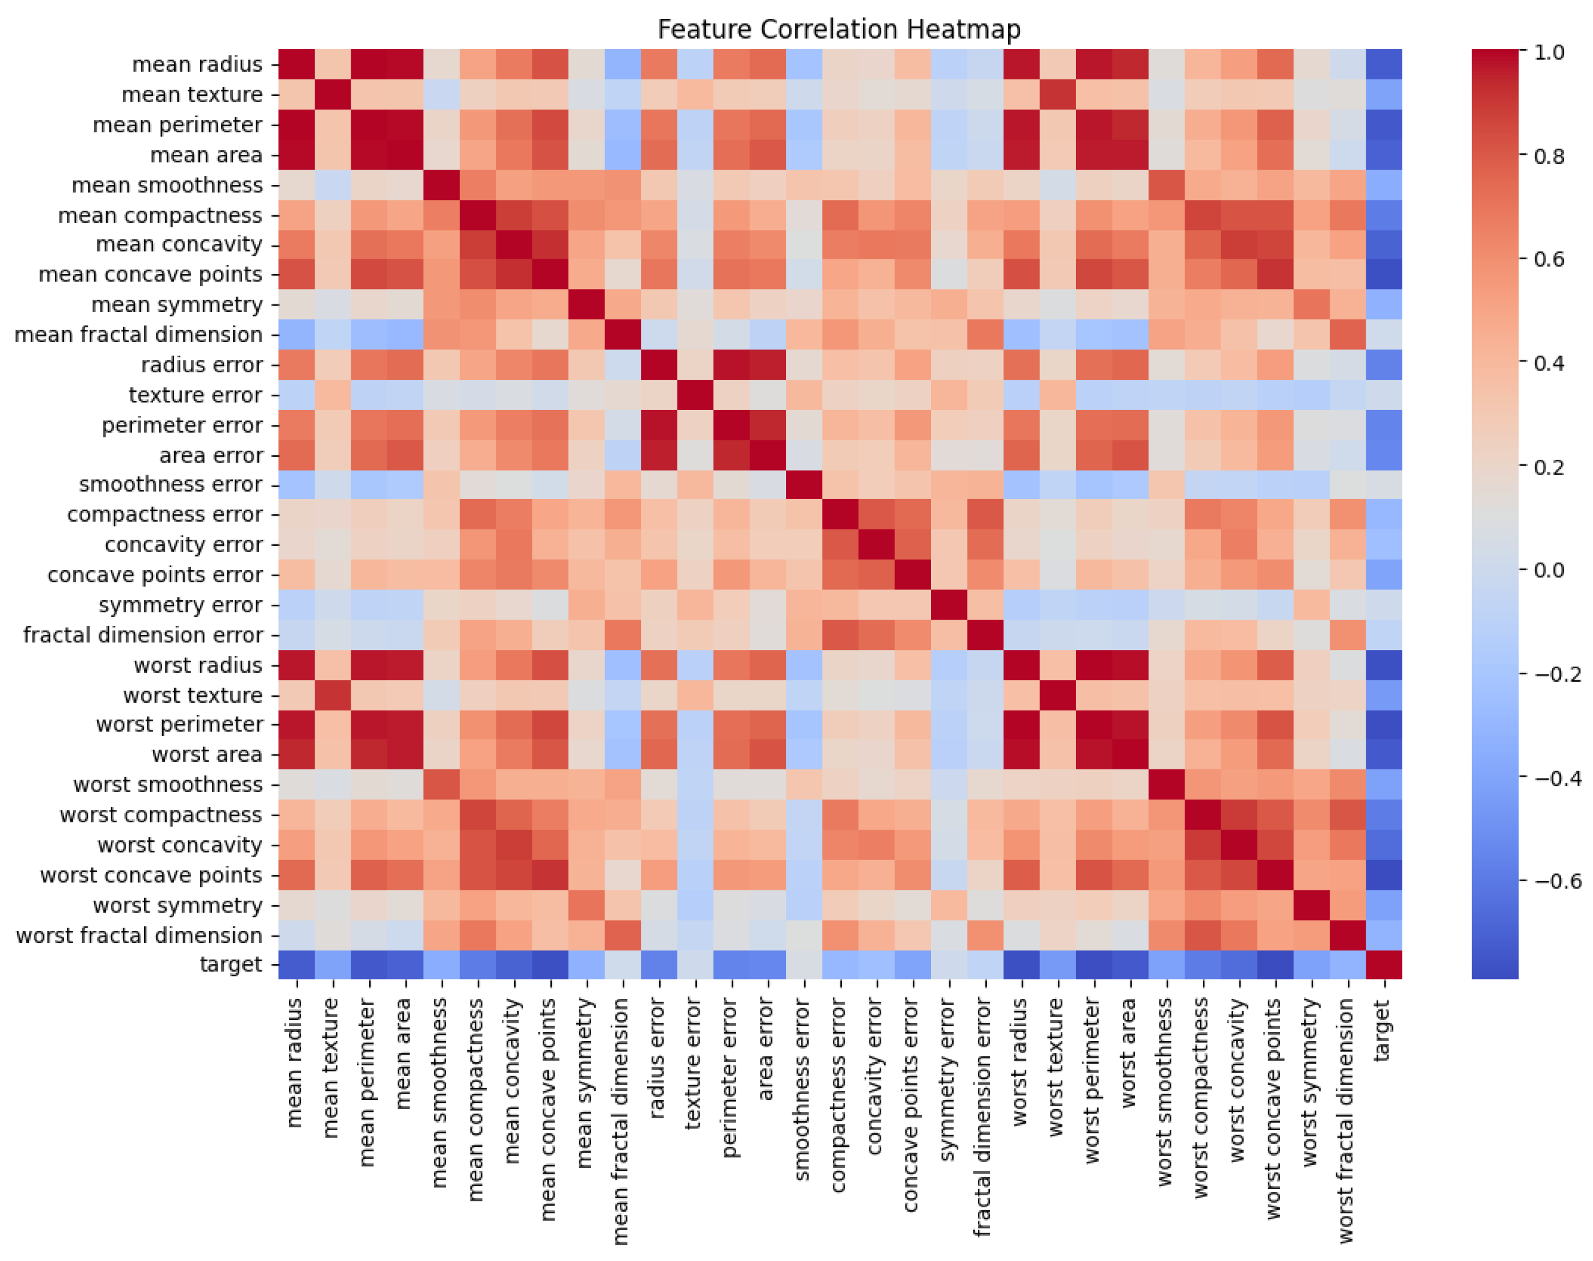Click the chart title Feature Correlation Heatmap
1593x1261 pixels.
[838, 30]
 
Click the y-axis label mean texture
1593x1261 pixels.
[192, 94]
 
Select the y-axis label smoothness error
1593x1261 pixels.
[171, 484]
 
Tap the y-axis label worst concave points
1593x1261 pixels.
[151, 875]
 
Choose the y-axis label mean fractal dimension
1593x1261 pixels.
[138, 335]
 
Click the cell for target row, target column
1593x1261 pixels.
[1383, 964]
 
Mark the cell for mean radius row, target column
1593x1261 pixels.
[1383, 63]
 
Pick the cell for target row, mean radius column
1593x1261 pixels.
[296, 964]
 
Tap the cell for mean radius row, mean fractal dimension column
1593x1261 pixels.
[622, 63]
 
